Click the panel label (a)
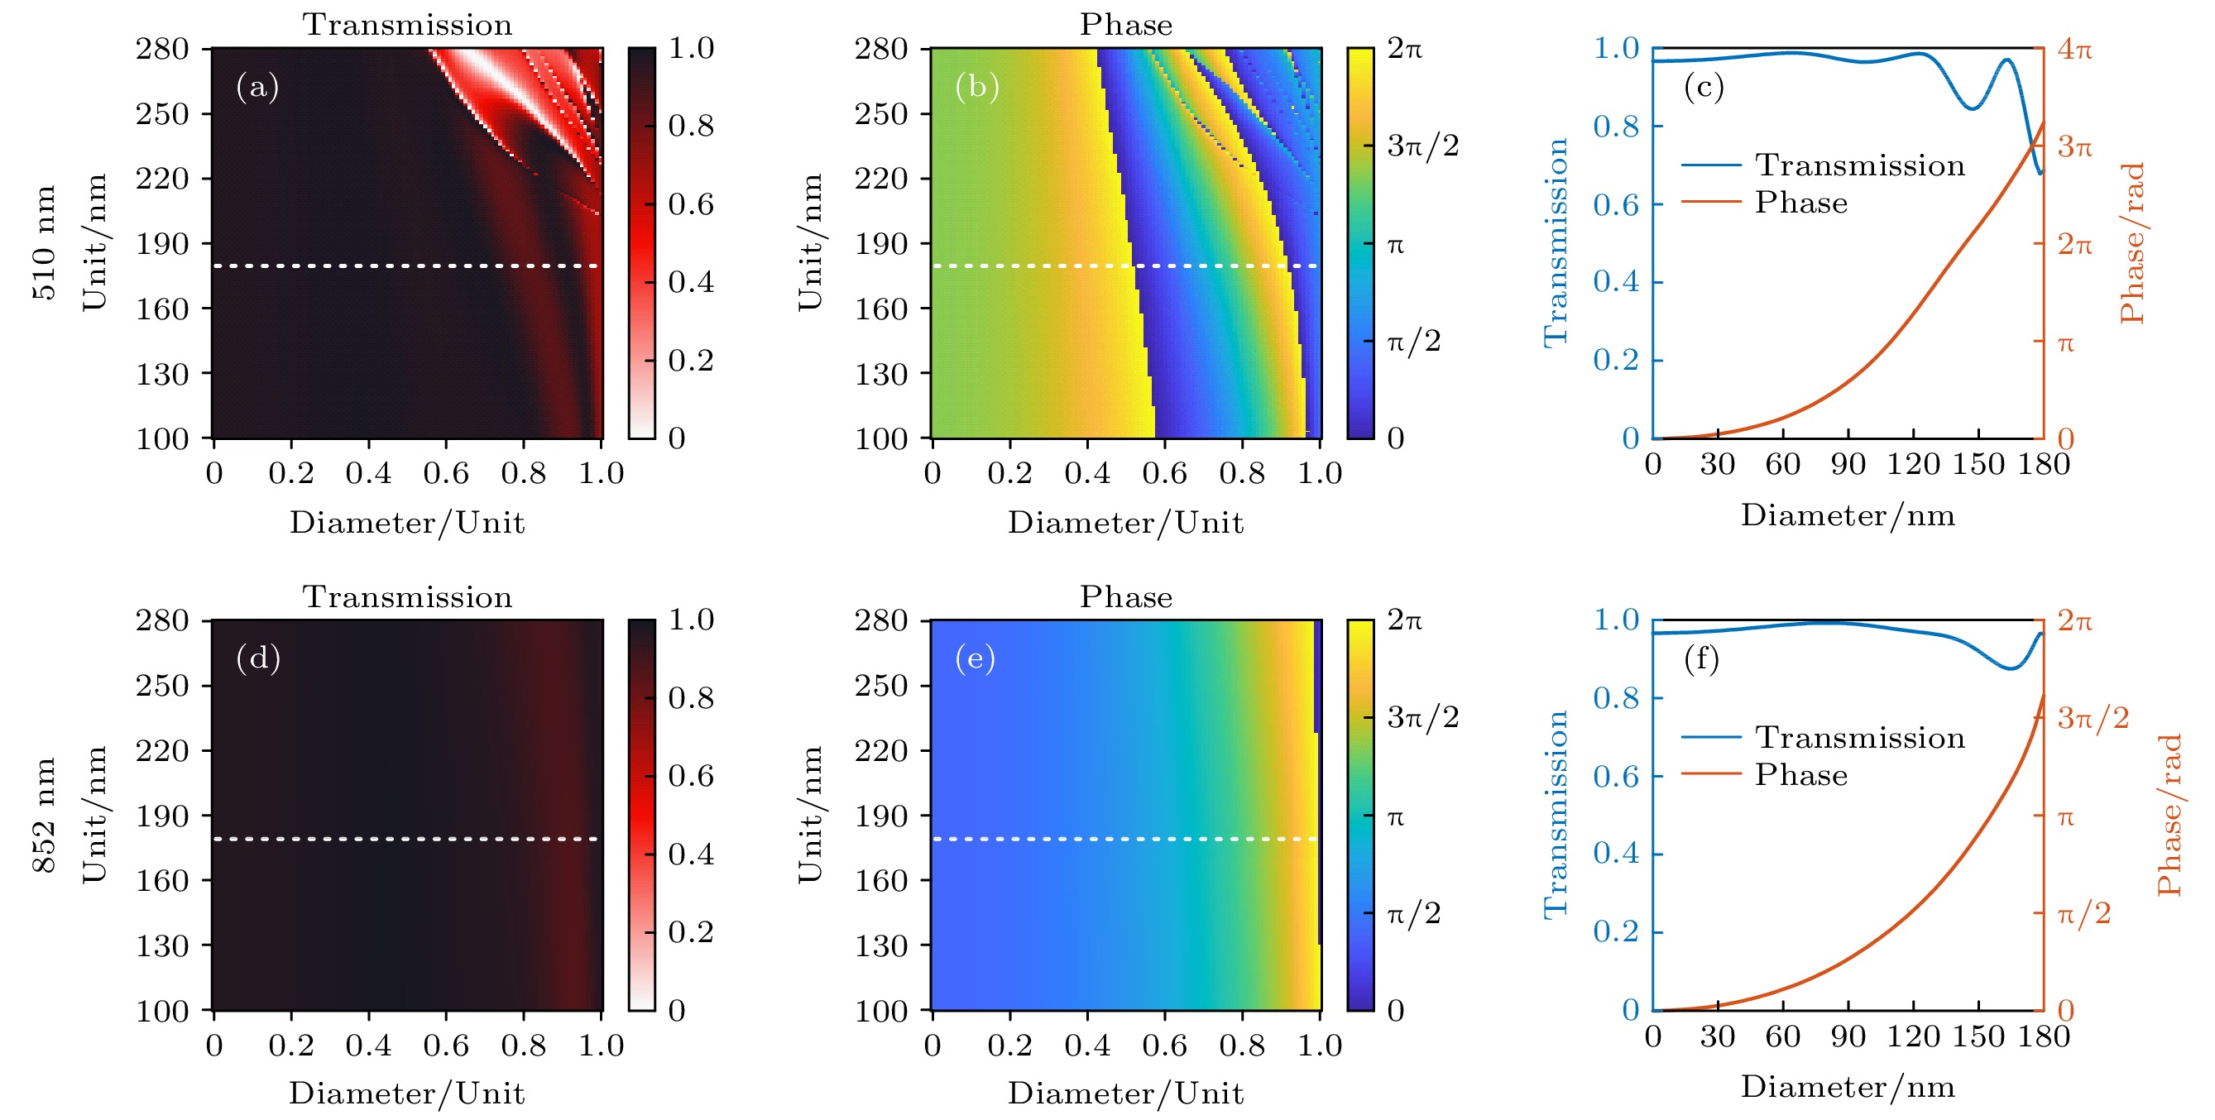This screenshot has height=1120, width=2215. pyautogui.click(x=257, y=87)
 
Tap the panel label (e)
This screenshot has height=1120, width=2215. pyautogui.click(x=975, y=658)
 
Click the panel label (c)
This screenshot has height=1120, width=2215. pyautogui.click(x=1704, y=87)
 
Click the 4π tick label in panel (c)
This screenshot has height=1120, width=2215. pyautogui.click(x=2074, y=49)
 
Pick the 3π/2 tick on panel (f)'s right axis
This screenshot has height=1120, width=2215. pyautogui.click(x=2093, y=717)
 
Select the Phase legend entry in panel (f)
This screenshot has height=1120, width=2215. pyautogui.click(x=1800, y=774)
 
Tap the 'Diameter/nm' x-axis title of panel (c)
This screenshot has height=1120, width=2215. pyautogui.click(x=1848, y=515)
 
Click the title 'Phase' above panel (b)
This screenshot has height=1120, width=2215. pyautogui.click(x=1125, y=25)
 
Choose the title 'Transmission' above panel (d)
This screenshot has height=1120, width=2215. pyautogui.click(x=407, y=596)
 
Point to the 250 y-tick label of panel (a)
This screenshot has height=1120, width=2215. pyautogui.click(x=161, y=113)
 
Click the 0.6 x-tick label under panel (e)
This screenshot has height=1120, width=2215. pyautogui.click(x=1164, y=1046)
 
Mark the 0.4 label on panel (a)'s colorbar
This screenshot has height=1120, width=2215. pyautogui.click(x=690, y=282)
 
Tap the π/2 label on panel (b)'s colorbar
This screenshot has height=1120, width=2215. pyautogui.click(x=1413, y=342)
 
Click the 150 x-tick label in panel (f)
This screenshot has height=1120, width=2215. pyautogui.click(x=1978, y=1036)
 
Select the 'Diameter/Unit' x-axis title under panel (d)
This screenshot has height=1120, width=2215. pyautogui.click(x=407, y=1094)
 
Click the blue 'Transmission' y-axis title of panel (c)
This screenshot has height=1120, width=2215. pyautogui.click(x=1556, y=242)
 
